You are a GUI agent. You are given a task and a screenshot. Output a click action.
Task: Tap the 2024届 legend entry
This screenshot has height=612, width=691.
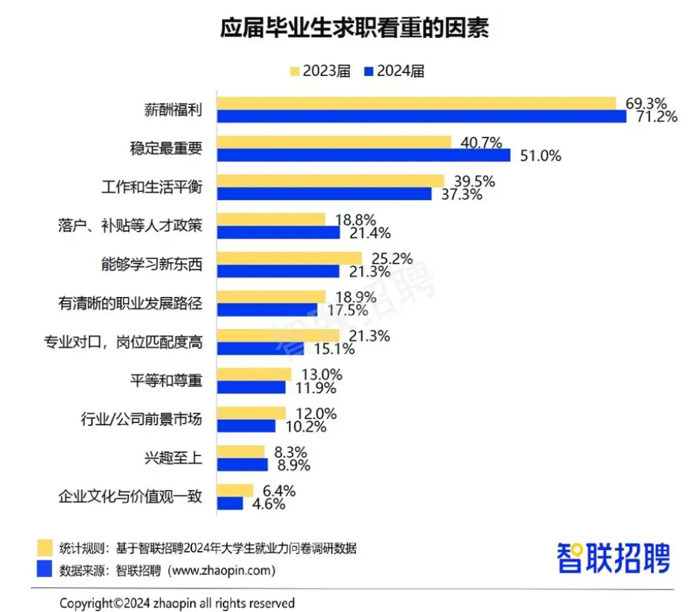point(394,71)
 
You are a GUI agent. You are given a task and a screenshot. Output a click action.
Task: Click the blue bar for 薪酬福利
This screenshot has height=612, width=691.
point(421,116)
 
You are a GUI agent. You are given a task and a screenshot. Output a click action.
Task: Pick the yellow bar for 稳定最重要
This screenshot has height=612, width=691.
point(334,142)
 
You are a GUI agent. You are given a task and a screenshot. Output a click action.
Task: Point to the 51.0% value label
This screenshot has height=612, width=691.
point(541,156)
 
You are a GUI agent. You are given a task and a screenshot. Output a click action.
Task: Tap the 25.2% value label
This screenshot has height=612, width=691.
point(392,258)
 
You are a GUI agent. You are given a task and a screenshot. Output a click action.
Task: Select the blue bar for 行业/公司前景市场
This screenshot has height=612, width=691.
point(246,426)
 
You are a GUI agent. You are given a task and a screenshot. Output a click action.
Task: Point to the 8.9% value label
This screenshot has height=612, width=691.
point(290,465)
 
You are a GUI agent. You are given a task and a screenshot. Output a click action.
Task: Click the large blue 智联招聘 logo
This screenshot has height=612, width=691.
point(613,557)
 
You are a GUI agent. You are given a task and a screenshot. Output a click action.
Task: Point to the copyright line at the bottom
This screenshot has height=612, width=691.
point(177,602)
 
